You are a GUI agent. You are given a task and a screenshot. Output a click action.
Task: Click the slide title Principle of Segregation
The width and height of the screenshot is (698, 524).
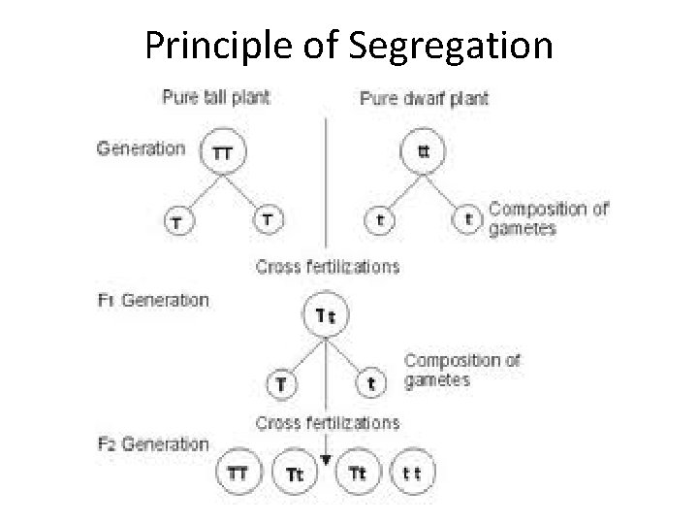349,44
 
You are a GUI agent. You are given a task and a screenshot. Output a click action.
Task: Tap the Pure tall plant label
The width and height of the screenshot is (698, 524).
215,97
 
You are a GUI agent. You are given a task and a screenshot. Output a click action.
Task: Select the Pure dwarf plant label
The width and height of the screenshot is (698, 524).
425,98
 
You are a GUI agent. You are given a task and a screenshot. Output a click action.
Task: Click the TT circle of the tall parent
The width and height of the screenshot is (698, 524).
222,152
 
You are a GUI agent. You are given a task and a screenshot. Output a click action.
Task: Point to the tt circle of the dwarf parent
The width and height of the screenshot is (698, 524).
425,152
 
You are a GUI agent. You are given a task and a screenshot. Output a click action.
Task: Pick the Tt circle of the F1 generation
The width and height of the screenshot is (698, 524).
327,316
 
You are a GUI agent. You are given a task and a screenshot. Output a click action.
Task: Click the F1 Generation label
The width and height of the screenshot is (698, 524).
152,300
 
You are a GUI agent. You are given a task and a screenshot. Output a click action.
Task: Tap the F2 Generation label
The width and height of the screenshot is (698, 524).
152,444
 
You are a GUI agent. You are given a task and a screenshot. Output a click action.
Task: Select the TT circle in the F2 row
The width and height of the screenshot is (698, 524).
238,473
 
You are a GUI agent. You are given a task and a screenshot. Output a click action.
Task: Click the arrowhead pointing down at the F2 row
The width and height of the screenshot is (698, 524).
327,458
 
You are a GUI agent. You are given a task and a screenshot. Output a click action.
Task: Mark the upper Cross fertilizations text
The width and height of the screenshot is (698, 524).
327,266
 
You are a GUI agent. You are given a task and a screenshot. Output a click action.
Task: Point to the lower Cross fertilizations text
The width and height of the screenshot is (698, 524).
327,423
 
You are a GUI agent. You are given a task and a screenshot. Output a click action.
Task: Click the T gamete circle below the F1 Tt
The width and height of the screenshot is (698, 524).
281,383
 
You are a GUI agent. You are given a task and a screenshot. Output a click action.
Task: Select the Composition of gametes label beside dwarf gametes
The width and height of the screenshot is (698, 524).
548,218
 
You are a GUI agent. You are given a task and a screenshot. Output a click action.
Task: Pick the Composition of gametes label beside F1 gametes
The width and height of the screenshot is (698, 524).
461,370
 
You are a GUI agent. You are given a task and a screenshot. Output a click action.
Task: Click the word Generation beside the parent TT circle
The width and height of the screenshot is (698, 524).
141,148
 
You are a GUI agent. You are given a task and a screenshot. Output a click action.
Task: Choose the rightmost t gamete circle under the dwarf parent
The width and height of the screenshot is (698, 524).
469,220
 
